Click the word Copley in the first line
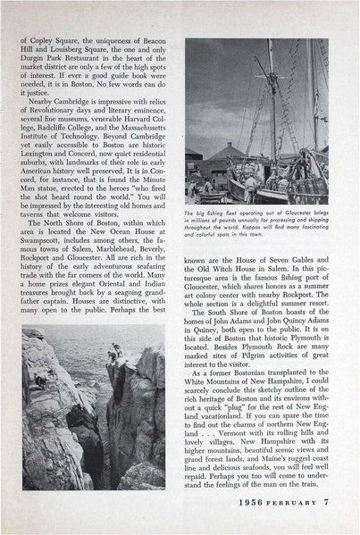point(46,40)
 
